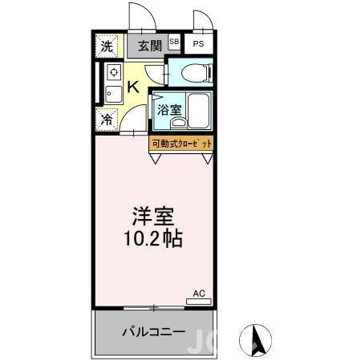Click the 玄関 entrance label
(x=144, y=45)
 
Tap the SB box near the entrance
(x=174, y=42)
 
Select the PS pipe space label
(x=197, y=44)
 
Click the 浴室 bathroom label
(x=167, y=110)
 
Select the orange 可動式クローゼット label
(x=183, y=144)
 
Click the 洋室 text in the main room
(x=153, y=217)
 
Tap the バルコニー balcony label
(x=153, y=331)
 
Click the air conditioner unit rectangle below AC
(x=200, y=303)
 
